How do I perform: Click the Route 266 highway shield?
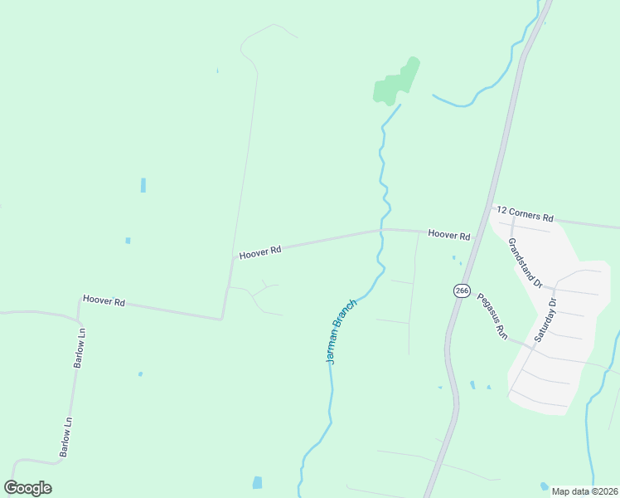[462, 290]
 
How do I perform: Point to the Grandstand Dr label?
[525, 262]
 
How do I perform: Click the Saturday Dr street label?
[548, 320]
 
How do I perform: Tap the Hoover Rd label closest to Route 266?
[449, 235]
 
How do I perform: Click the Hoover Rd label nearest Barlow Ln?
[104, 300]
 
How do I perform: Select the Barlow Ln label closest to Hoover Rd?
[80, 348]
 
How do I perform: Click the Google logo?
[28, 488]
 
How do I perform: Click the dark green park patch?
[396, 83]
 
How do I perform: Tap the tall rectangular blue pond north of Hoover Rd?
[143, 185]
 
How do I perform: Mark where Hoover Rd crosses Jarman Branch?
[381, 231]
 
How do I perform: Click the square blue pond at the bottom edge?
[257, 482]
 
